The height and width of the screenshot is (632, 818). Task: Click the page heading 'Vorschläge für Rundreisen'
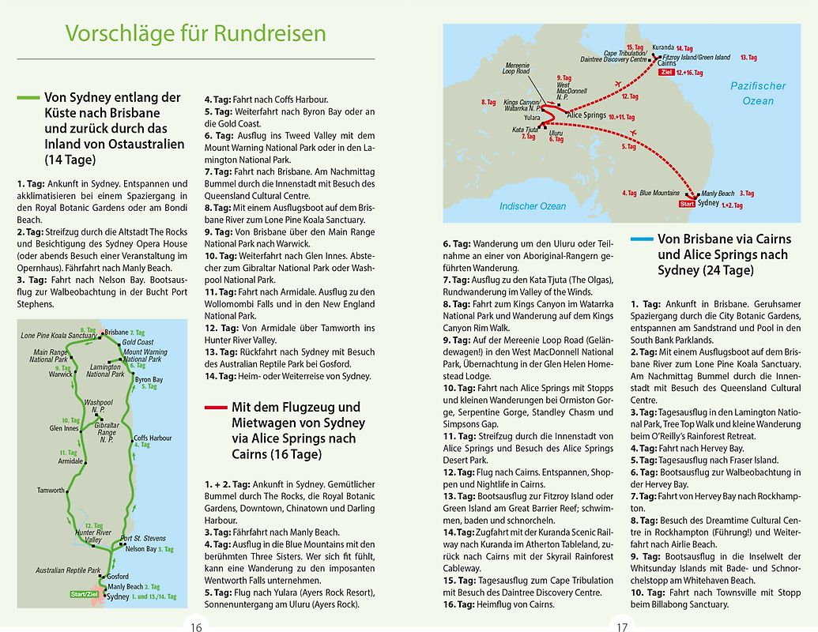pyautogui.click(x=195, y=33)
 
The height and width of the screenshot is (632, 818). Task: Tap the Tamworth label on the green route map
pyautogui.click(x=51, y=491)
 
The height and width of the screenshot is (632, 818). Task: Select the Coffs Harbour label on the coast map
pyautogui.click(x=153, y=438)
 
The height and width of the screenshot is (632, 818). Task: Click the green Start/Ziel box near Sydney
pyautogui.click(x=88, y=594)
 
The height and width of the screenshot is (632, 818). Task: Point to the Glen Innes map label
pyautogui.click(x=64, y=429)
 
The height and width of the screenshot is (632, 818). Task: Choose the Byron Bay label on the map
pyautogui.click(x=149, y=380)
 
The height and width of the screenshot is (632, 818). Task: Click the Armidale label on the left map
pyautogui.click(x=70, y=461)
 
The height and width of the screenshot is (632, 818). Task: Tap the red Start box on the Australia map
pyautogui.click(x=688, y=205)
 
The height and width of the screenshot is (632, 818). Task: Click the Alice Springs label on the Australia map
pyautogui.click(x=586, y=115)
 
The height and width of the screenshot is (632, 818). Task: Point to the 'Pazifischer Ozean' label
pyautogui.click(x=758, y=93)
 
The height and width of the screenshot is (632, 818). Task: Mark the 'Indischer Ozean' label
pyautogui.click(x=533, y=206)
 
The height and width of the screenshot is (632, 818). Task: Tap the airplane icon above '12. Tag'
pyautogui.click(x=618, y=84)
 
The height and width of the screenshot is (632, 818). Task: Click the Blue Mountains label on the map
pyautogui.click(x=659, y=193)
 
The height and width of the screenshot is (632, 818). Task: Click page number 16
pyautogui.click(x=196, y=627)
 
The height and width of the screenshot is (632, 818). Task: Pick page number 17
pyautogui.click(x=622, y=627)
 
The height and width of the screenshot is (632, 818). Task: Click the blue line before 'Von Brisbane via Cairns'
pyautogui.click(x=642, y=238)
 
